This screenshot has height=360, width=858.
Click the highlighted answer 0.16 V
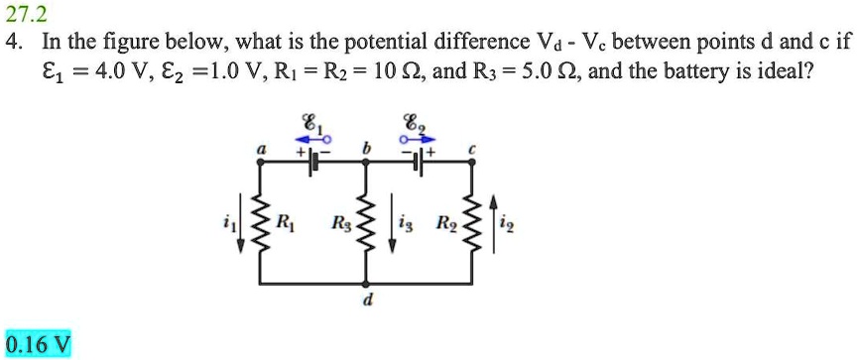[38, 343]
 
